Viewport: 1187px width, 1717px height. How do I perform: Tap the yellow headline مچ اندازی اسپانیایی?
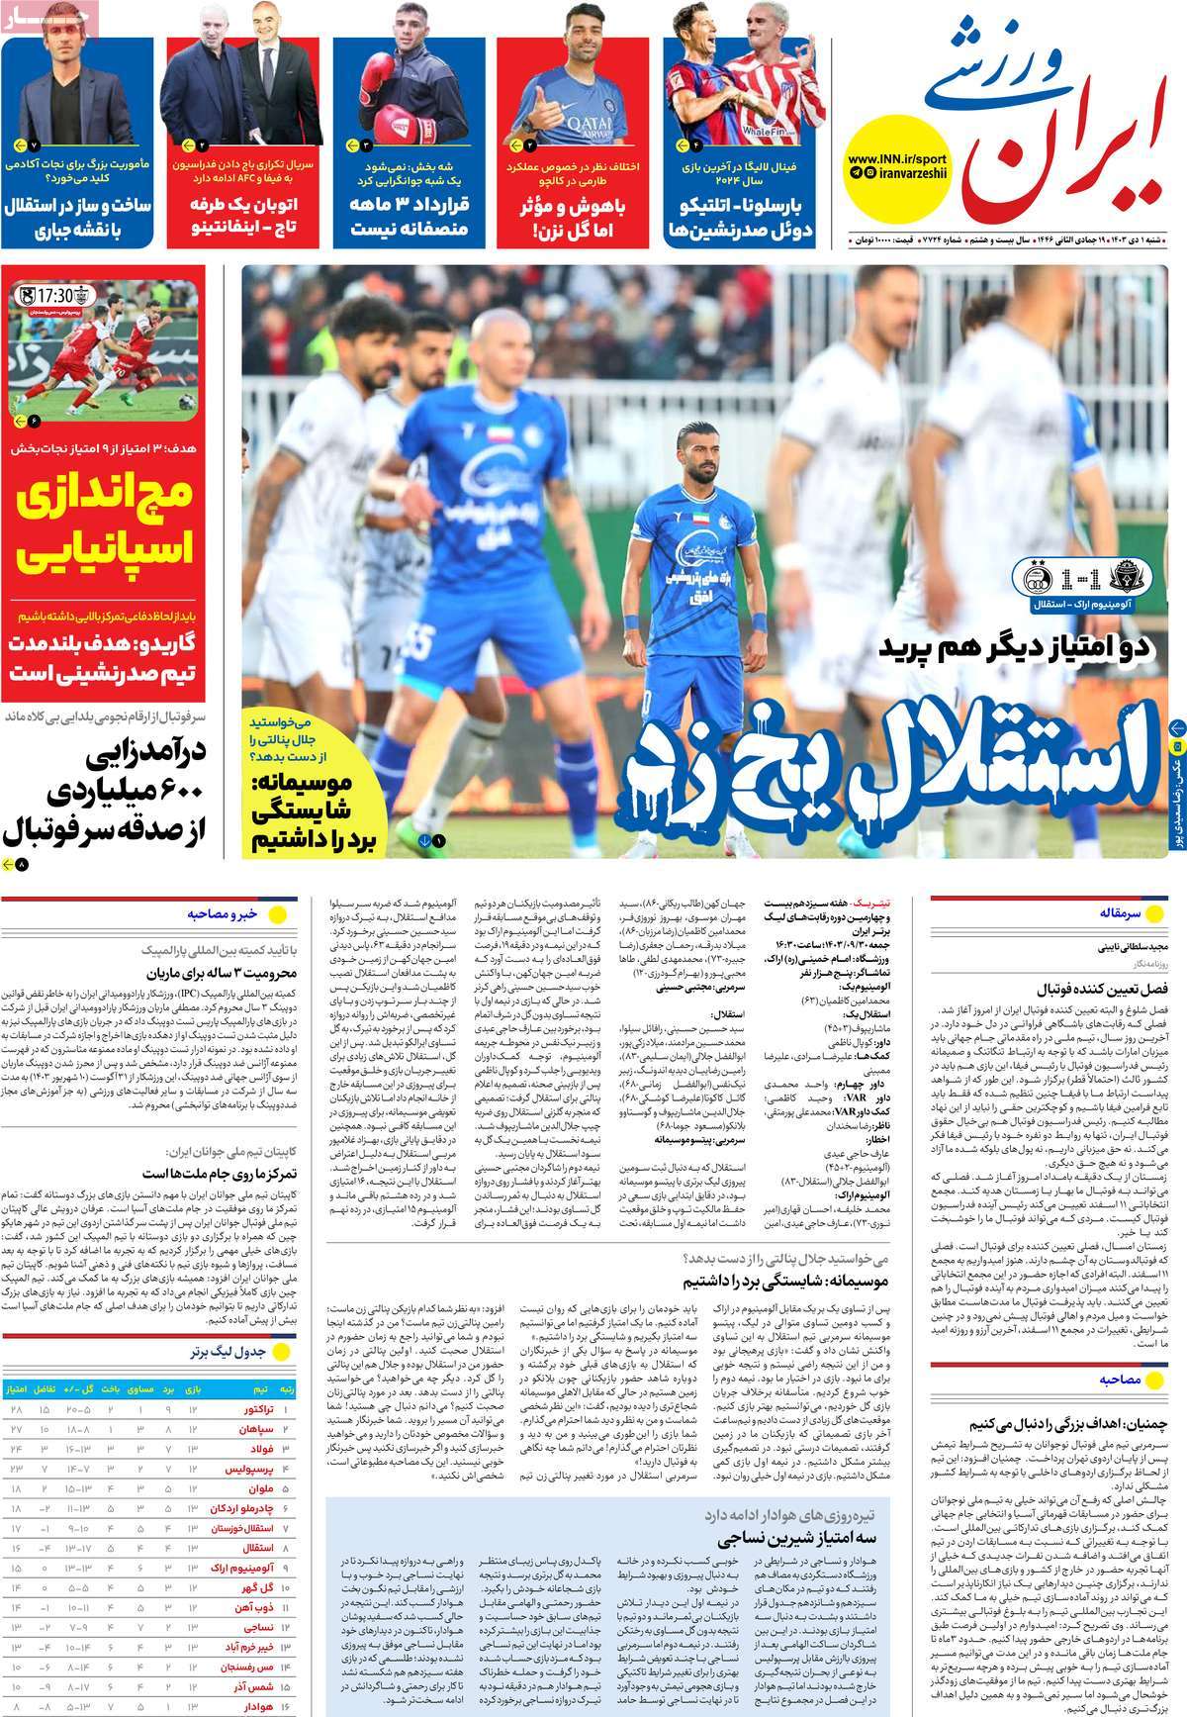107,525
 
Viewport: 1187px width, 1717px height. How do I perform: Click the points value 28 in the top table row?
17,1407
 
